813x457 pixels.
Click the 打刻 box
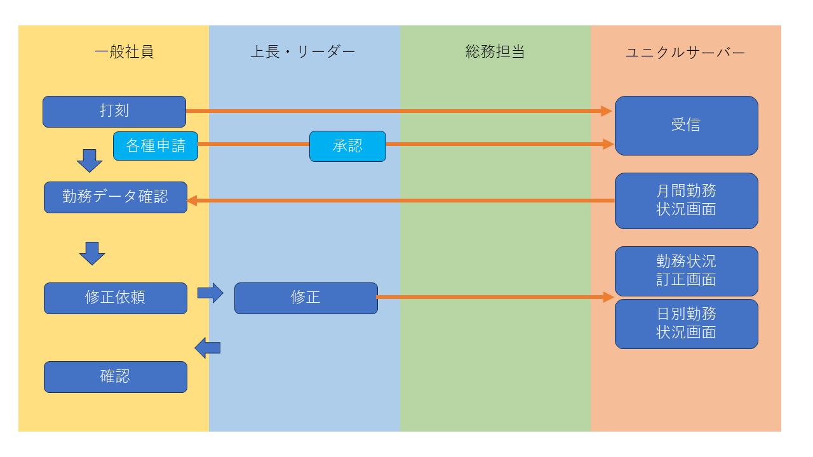[114, 112]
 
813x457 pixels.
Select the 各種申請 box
[156, 146]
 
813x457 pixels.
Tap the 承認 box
[347, 146]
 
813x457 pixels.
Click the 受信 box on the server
[686, 126]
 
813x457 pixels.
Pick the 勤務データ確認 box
[116, 197]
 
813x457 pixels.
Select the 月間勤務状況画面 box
[686, 201]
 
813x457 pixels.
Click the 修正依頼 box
[116, 298]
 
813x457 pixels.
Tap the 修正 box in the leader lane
[306, 298]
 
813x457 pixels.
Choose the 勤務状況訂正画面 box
[686, 271]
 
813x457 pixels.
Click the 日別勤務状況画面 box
[686, 324]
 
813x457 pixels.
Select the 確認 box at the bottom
[116, 377]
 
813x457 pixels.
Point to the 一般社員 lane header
[124, 52]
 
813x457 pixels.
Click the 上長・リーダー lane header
[303, 52]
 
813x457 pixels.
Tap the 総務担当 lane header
[495, 52]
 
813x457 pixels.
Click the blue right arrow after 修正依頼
[211, 293]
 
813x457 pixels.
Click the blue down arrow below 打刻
[90, 161]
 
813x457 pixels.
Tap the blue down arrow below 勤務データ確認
[92, 253]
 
